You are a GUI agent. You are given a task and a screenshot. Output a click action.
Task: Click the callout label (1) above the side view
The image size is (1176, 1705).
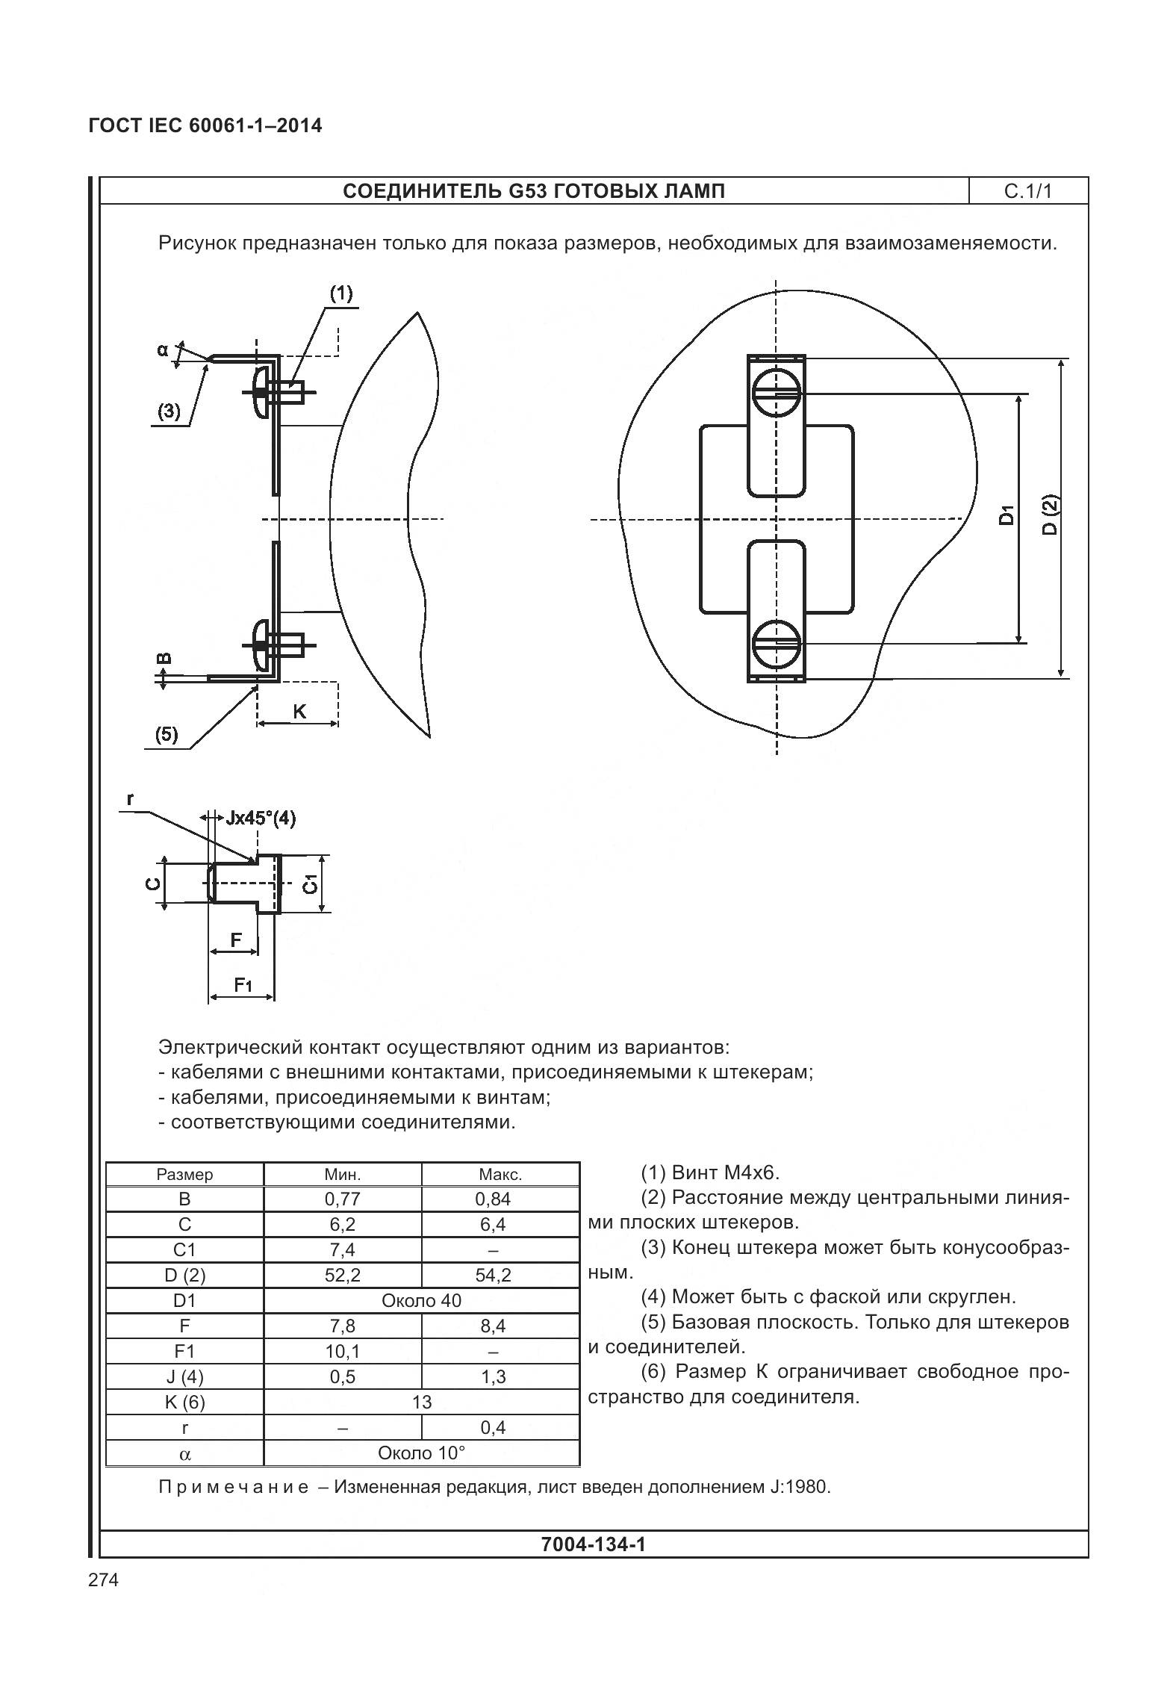341,293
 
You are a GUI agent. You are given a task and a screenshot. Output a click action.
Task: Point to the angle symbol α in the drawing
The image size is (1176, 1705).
162,348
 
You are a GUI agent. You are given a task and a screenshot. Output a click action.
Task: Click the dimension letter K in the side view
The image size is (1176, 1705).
299,711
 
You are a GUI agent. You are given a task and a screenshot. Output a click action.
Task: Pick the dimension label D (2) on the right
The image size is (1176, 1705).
1051,515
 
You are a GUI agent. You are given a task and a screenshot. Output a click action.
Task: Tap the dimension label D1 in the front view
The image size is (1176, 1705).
1007,515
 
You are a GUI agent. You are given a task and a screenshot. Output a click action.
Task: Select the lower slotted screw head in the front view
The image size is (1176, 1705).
777,643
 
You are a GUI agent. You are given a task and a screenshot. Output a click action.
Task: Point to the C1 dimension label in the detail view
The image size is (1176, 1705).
310,883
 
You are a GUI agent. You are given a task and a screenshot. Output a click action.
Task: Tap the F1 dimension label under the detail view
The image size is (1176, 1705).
243,985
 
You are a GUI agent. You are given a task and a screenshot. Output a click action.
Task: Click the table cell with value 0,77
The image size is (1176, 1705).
342,1199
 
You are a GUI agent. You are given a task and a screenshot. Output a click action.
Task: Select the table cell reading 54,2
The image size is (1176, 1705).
493,1275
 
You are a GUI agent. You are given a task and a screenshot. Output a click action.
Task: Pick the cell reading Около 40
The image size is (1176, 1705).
421,1300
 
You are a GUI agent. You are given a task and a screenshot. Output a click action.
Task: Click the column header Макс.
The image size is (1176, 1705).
500,1174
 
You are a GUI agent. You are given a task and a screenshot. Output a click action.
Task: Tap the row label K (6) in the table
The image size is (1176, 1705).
184,1402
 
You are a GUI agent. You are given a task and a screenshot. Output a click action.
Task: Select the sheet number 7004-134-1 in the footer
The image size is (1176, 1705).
593,1544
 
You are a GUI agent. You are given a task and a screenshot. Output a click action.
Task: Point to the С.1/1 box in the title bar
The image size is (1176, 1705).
1027,191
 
